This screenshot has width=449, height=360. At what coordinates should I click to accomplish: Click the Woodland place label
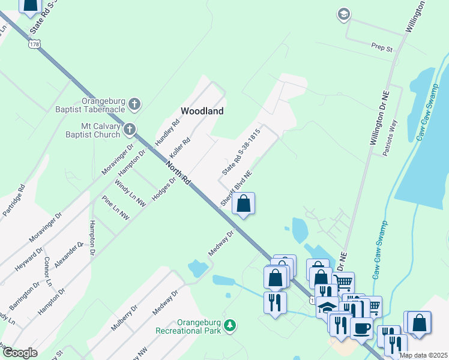[202, 111]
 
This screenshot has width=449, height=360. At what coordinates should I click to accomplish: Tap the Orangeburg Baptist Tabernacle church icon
[134, 104]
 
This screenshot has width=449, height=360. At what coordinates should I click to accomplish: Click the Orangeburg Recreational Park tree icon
[229, 325]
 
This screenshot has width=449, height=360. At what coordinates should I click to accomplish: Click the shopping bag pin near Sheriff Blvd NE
[244, 204]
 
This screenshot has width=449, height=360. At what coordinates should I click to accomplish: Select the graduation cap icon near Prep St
[344, 14]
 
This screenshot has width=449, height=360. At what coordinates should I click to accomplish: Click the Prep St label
[381, 46]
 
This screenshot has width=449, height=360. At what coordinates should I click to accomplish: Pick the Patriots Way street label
[390, 137]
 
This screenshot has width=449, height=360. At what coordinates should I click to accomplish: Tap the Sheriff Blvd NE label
[236, 188]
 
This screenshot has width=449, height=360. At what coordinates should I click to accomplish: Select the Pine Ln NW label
[115, 206]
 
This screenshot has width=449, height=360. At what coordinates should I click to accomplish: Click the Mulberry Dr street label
[124, 317]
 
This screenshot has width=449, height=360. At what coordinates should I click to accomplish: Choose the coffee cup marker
[362, 328]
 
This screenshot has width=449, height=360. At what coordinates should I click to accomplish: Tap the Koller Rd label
[179, 148]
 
